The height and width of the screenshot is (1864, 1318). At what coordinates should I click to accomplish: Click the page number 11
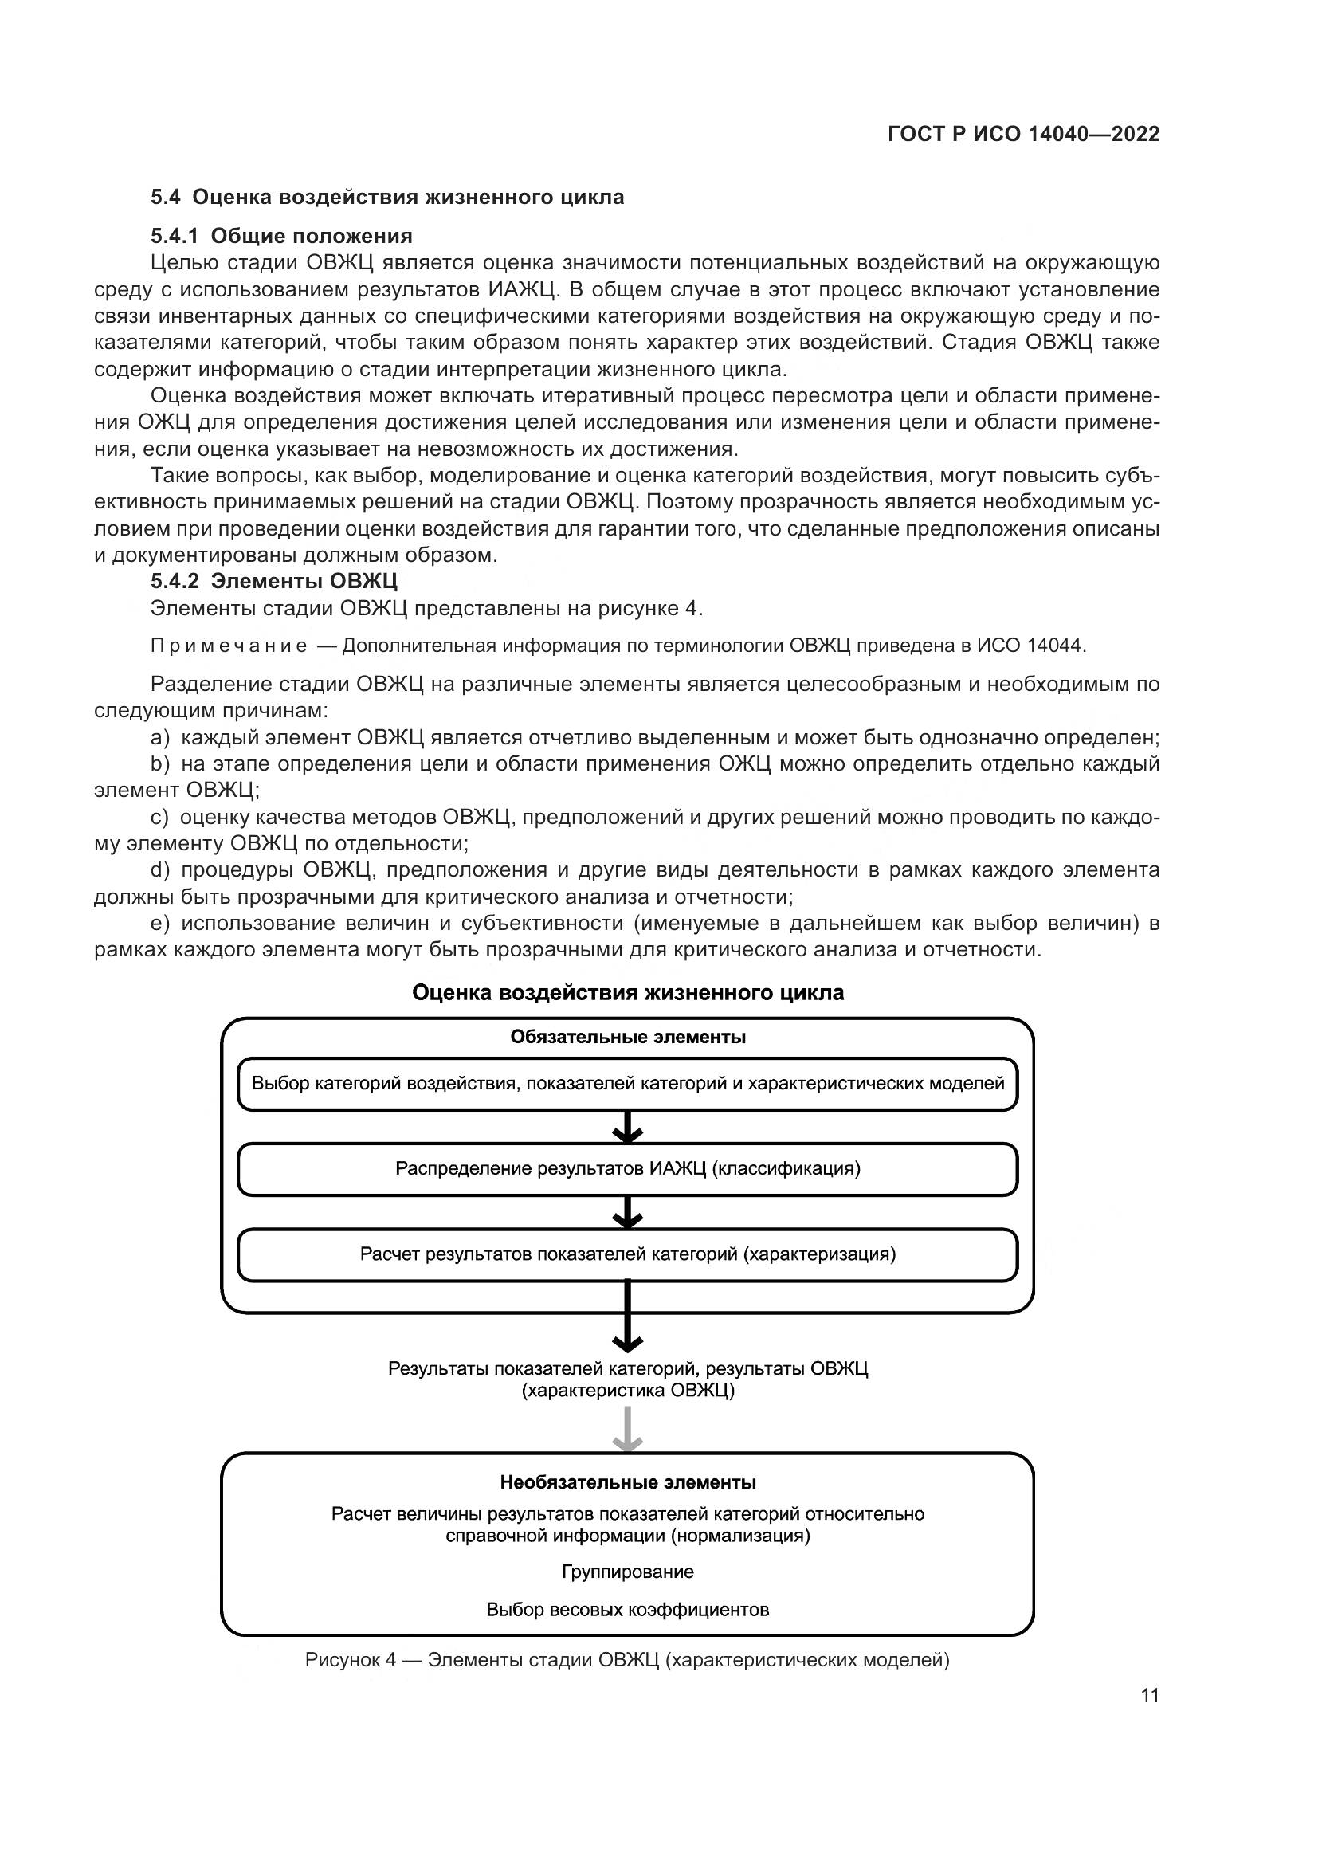coord(1149,1696)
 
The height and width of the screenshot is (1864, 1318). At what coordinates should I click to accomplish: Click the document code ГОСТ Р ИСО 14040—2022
coord(1023,134)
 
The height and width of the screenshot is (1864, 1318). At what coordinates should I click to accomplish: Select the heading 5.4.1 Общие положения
coord(280,236)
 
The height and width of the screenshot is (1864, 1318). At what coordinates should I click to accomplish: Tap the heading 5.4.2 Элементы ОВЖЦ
coord(273,581)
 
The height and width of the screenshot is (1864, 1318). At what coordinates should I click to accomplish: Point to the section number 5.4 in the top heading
coord(167,198)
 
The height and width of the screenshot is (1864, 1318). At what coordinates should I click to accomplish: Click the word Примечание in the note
coord(229,646)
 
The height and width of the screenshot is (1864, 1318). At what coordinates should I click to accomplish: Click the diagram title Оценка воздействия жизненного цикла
coord(627,993)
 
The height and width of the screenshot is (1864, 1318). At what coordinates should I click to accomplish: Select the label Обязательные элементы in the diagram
coord(627,1038)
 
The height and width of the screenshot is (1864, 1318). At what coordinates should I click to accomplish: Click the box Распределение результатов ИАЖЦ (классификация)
coord(627,1169)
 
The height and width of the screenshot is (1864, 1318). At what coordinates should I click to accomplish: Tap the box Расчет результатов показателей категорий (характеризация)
coord(627,1254)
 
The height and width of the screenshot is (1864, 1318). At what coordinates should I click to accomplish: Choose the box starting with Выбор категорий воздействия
coord(627,1084)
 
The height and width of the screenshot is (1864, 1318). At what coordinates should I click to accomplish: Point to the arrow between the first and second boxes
coord(627,1128)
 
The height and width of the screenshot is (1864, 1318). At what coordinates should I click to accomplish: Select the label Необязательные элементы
coord(627,1483)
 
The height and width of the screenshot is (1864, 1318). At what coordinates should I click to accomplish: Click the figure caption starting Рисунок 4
coord(627,1660)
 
